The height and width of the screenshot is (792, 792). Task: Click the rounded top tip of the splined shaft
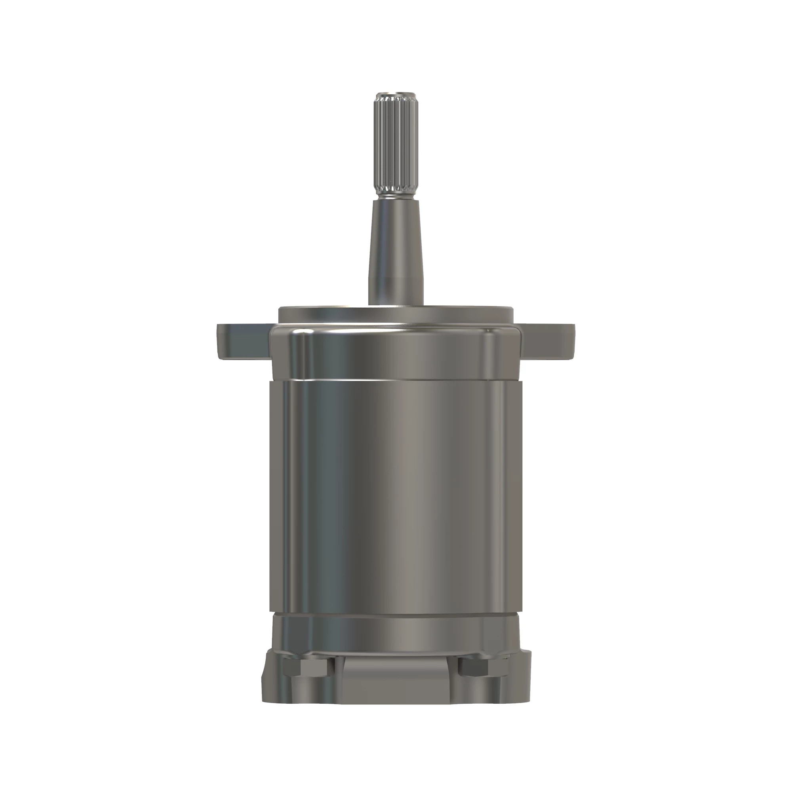[396, 96]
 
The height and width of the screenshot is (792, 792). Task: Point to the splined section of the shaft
[396, 148]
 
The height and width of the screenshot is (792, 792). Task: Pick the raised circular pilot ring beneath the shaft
[396, 314]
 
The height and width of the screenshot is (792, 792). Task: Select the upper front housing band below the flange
[396, 352]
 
